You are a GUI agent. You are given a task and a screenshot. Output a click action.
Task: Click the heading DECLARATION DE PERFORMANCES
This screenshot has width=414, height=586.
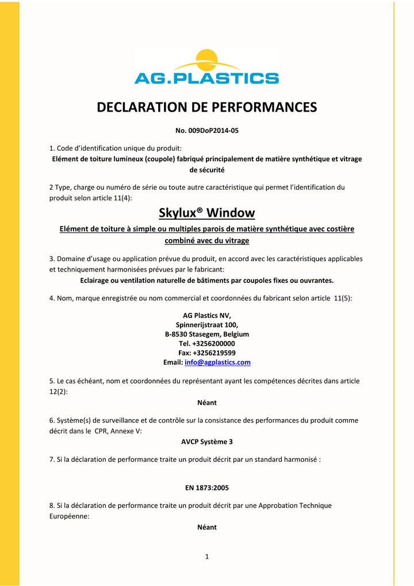(x=207, y=107)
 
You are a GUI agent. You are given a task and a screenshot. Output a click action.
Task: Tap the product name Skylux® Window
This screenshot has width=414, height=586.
(x=206, y=213)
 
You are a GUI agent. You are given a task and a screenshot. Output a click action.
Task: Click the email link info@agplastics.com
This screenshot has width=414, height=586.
(x=217, y=362)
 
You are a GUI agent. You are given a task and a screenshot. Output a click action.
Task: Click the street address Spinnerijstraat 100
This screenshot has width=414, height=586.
(x=207, y=324)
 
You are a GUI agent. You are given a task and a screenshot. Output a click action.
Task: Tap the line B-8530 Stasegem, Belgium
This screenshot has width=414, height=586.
(x=207, y=334)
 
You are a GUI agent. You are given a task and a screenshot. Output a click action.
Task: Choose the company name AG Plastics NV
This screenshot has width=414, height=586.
(x=207, y=315)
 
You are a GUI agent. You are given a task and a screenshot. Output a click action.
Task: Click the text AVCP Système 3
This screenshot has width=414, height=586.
(x=207, y=442)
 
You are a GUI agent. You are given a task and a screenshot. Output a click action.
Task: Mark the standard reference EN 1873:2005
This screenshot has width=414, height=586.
(x=207, y=488)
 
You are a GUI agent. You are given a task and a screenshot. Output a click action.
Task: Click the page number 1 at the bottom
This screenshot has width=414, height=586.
(x=207, y=556)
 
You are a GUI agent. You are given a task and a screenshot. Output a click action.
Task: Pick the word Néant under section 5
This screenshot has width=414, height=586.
(x=207, y=403)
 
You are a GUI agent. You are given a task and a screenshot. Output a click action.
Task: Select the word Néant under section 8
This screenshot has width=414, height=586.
(x=207, y=527)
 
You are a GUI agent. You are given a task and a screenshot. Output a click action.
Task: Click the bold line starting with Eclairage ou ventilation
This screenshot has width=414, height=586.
(x=207, y=280)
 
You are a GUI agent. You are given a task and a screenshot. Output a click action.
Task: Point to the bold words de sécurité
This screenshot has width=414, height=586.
(x=207, y=170)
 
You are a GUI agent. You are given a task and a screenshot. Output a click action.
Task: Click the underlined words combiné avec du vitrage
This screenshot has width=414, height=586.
(x=207, y=240)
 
